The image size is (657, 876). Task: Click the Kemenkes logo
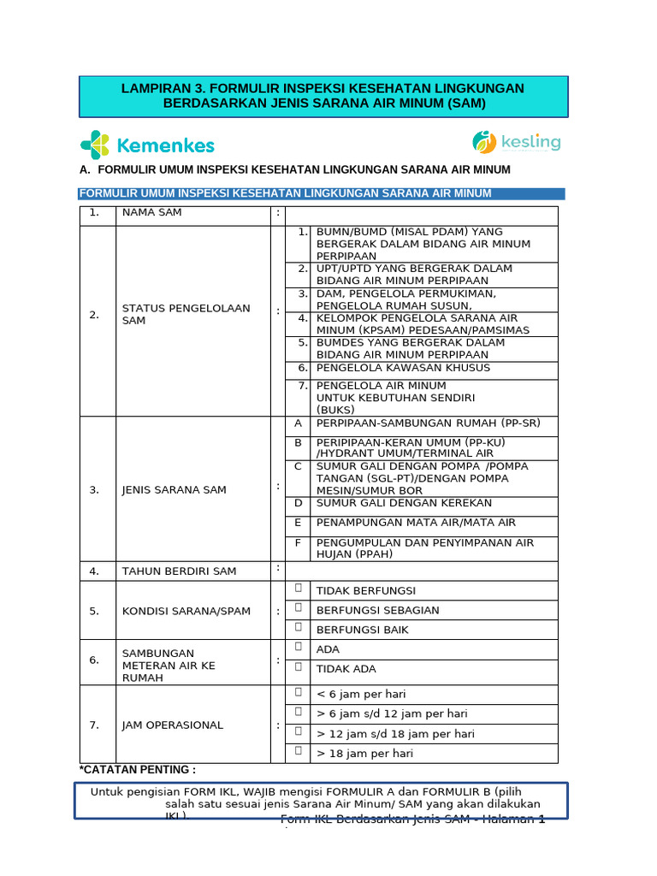click(147, 145)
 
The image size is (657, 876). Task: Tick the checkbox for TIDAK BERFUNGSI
click(299, 588)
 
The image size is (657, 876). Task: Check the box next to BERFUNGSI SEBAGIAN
click(299, 607)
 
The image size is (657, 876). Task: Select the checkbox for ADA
click(299, 647)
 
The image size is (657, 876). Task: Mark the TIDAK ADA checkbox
click(299, 666)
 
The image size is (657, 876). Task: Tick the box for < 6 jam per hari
click(299, 691)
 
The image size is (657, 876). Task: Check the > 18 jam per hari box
click(299, 750)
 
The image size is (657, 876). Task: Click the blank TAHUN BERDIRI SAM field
click(421, 571)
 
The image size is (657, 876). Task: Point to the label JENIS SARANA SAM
click(174, 490)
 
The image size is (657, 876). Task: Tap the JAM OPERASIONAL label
click(172, 725)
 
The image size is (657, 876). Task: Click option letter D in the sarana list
click(299, 503)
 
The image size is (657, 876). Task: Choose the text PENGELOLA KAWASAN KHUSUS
click(403, 368)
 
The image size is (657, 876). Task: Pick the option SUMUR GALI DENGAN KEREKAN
click(404, 503)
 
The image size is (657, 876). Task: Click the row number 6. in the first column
click(94, 660)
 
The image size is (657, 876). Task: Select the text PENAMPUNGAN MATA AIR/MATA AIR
click(416, 523)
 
